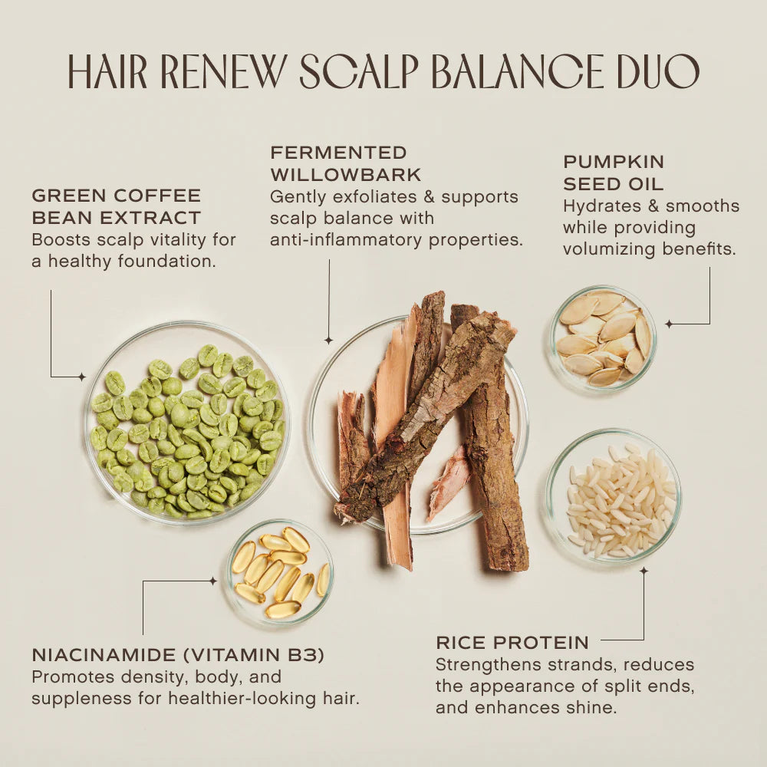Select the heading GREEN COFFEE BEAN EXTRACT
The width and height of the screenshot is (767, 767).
116,206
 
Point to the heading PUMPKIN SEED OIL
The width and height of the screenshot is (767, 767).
614,173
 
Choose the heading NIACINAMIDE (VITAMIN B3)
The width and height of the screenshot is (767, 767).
178,655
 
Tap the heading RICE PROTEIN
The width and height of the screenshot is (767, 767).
512,643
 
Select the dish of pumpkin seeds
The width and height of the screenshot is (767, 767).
604,338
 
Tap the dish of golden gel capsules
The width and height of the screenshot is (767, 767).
279,572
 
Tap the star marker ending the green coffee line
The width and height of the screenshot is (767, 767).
82,377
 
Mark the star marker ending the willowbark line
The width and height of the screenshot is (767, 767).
328,340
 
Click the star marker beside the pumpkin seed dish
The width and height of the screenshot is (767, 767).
668,324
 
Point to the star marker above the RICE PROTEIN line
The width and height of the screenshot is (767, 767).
644,571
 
